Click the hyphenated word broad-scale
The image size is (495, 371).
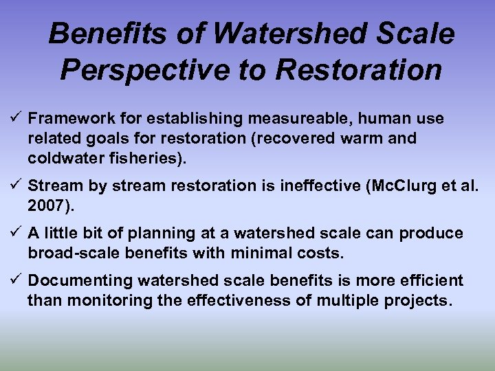pos(69,253)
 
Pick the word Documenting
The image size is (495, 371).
pos(80,281)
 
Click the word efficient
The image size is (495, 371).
pos(432,281)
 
